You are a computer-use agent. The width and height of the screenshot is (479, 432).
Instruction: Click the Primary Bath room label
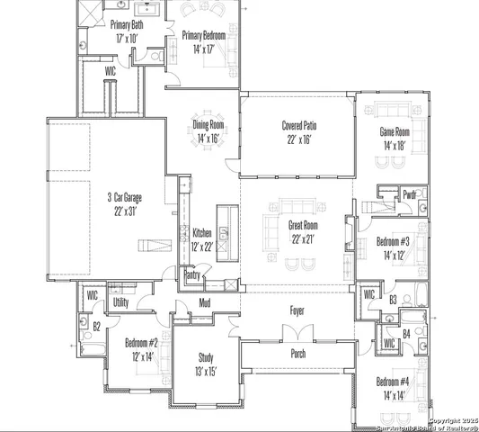tap(127, 25)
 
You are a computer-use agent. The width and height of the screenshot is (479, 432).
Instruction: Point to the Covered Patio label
tap(298, 126)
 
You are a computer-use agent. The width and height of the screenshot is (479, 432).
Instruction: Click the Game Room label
tap(395, 131)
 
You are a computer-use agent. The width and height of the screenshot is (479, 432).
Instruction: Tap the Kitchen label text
tap(202, 233)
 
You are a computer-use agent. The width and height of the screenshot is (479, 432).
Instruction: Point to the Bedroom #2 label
tap(141, 343)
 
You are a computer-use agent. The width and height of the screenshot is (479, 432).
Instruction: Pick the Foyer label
tap(297, 311)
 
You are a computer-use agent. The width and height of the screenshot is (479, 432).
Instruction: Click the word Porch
tap(297, 354)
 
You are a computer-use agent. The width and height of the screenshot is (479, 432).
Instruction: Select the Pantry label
tap(192, 275)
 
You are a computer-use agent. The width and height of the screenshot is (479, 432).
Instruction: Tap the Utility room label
tap(120, 303)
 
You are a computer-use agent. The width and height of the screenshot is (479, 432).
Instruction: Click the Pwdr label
tap(410, 193)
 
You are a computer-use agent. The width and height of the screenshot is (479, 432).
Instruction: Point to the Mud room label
tap(205, 302)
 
